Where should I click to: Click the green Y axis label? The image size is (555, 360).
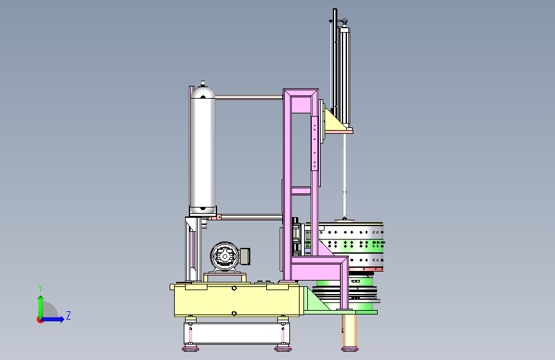click(x=40, y=288)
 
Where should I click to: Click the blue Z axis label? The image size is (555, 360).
click(x=68, y=315)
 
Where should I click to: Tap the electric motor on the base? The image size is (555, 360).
click(x=230, y=256)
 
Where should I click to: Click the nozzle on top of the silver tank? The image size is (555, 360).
click(x=203, y=84)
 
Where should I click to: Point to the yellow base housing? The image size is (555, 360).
click(x=237, y=300)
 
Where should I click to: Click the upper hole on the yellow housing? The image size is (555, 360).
click(x=234, y=288)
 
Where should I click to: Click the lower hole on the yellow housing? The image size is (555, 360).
click(x=234, y=313)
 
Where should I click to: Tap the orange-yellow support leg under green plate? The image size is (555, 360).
click(x=350, y=332)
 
